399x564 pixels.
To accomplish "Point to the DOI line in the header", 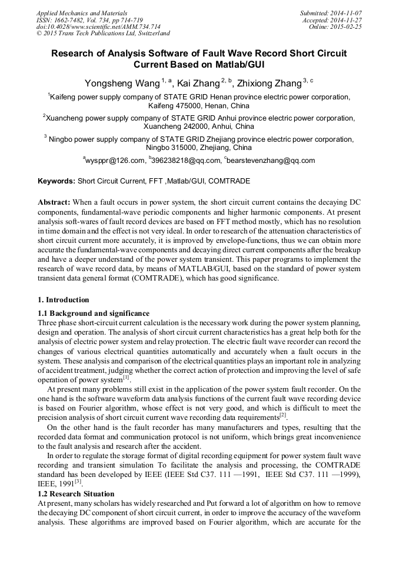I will coord(90,26).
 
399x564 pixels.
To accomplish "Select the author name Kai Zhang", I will coord(199,83).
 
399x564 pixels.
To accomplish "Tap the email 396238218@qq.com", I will coord(187,161).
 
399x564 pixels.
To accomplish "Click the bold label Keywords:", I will coord(56,181).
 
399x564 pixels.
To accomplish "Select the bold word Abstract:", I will coord(54,202).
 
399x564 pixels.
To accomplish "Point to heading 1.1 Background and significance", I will coord(94,313).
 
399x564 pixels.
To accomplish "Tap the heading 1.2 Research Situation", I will coord(76,493).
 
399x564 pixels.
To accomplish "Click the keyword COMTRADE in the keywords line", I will coord(229,181).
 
